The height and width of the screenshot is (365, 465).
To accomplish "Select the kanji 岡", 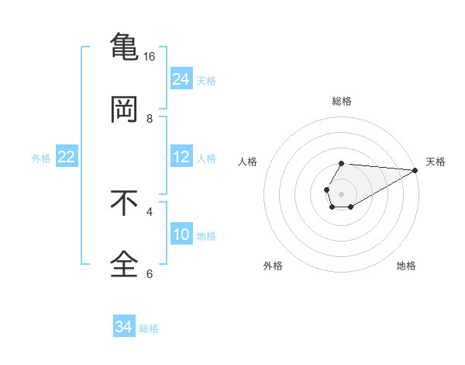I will click(124, 110).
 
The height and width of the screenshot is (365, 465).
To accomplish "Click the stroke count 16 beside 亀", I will click(150, 57).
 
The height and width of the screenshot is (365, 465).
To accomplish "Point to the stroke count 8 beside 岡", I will click(150, 119).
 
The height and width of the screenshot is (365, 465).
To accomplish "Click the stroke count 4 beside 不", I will click(150, 210).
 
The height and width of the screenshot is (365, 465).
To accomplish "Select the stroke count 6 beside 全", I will click(150, 273).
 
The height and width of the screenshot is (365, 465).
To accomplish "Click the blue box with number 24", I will click(181, 79).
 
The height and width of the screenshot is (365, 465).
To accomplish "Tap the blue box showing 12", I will click(181, 157).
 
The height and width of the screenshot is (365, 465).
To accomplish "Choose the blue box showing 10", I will click(181, 235).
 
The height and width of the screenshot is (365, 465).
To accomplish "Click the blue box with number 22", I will click(67, 157).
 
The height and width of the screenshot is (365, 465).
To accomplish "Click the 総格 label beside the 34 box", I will click(149, 328).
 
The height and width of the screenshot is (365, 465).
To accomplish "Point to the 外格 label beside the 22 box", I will click(41, 158).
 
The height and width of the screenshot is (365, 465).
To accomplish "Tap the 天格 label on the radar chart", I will click(436, 162).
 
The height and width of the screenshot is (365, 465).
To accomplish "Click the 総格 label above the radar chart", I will click(342, 101).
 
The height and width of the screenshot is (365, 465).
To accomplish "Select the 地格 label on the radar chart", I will click(406, 266).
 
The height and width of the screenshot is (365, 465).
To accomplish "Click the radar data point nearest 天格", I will click(415, 170).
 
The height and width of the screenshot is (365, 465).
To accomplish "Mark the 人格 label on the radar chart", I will click(248, 162).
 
